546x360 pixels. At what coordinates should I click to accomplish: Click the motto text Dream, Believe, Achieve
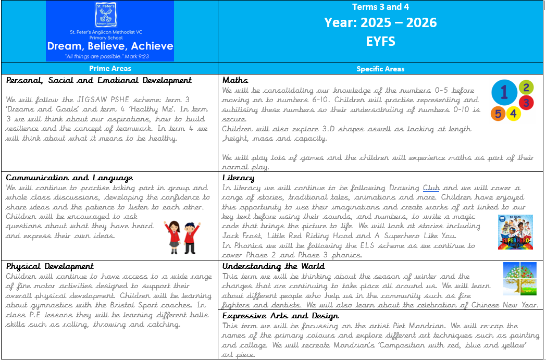[109, 46]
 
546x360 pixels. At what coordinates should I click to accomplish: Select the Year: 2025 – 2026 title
[380, 23]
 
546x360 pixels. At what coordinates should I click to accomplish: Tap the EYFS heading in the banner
[380, 41]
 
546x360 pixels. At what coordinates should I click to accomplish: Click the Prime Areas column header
[110, 68]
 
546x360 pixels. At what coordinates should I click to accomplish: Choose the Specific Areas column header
[380, 68]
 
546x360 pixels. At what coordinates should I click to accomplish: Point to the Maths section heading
[235, 80]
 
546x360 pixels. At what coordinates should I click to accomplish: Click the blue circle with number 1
[504, 93]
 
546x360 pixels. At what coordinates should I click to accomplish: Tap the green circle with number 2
[526, 88]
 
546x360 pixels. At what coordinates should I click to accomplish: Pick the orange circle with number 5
[498, 113]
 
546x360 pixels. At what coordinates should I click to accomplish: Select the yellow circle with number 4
[513, 113]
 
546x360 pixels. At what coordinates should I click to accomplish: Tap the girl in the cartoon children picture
[171, 236]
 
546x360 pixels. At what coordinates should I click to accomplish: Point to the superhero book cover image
[515, 232]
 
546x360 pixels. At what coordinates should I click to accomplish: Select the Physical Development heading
[50, 266]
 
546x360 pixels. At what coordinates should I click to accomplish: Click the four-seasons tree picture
[519, 279]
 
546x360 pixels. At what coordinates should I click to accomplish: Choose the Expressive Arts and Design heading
[280, 316]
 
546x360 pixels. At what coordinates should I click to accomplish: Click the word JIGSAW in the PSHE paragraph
[80, 100]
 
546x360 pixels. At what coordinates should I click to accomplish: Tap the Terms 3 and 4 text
[380, 7]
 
